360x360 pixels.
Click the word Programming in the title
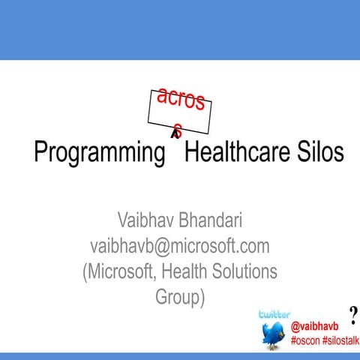tap(99, 153)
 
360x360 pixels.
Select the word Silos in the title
tap(318, 152)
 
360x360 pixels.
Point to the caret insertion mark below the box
tap(175, 134)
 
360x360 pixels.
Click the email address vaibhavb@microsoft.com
tap(180, 246)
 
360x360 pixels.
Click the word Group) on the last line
tap(180, 297)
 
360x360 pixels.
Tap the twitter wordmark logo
tap(274, 314)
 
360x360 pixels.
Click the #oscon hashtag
tap(305, 340)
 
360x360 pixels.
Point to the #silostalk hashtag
tap(342, 340)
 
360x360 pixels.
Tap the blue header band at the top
tap(180, 30)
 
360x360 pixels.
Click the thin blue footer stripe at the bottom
tap(180, 356)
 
